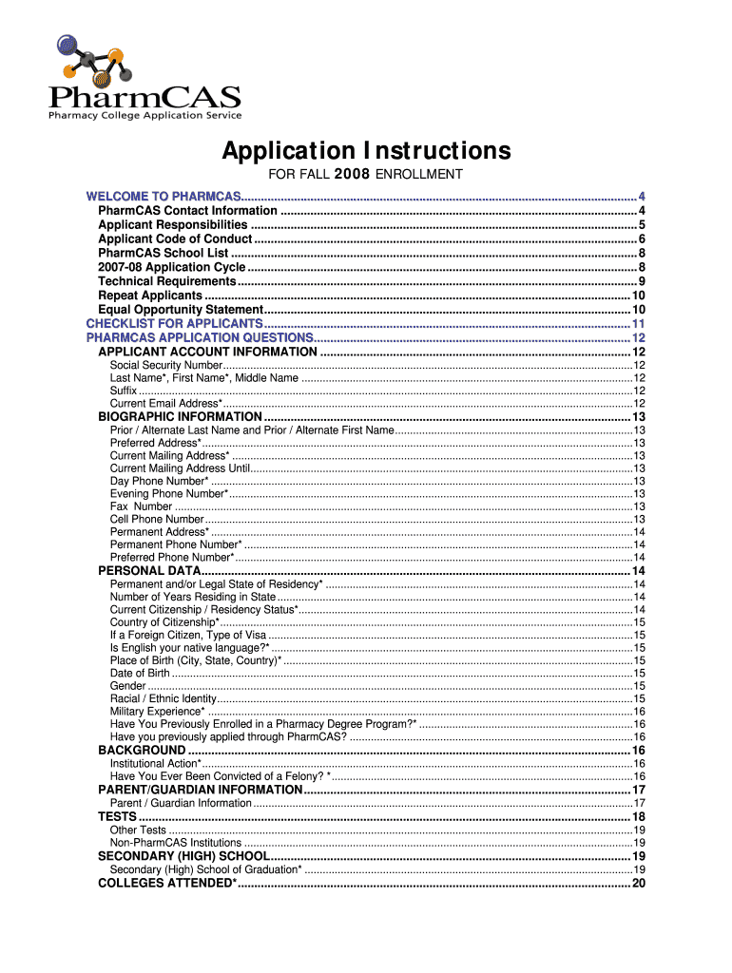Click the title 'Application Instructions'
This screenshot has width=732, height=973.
pos(366,151)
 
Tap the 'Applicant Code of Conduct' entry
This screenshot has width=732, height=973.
pos(175,239)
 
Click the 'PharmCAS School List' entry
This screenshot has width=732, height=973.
pos(163,254)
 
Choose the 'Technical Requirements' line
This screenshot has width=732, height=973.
pos(166,281)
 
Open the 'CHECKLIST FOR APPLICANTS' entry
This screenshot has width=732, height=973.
pos(174,324)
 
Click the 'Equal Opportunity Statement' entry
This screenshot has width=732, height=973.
pos(180,310)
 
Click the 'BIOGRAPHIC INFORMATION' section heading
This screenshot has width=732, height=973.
pos(180,416)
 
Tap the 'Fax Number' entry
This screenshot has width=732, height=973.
pos(141,506)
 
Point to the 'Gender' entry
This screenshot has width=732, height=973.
pos(127,686)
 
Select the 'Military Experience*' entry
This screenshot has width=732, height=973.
pos(157,712)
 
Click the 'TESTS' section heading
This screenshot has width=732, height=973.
pos(117,817)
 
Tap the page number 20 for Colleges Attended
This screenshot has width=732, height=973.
pos(639,884)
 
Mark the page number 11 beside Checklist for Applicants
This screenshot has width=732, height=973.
pos(639,324)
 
